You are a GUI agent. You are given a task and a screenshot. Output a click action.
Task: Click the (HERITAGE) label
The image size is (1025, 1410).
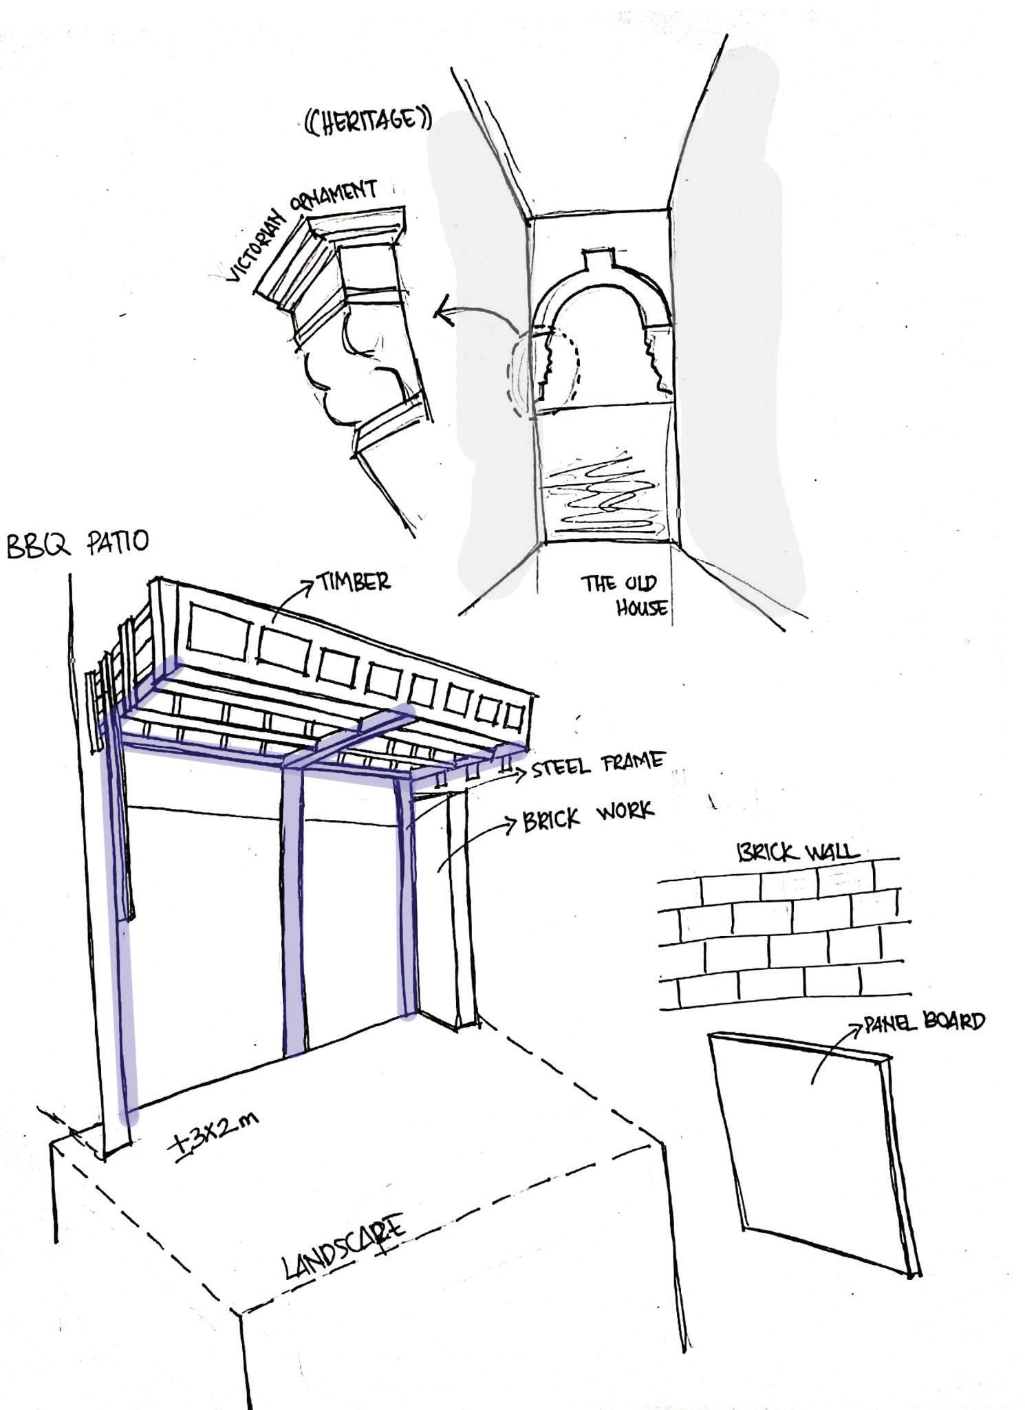pyautogui.click(x=369, y=121)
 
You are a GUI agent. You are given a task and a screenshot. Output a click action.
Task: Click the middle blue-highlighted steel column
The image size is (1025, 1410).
pyautogui.click(x=294, y=908)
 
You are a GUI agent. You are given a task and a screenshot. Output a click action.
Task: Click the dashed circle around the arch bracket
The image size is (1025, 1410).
pyautogui.click(x=543, y=371)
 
